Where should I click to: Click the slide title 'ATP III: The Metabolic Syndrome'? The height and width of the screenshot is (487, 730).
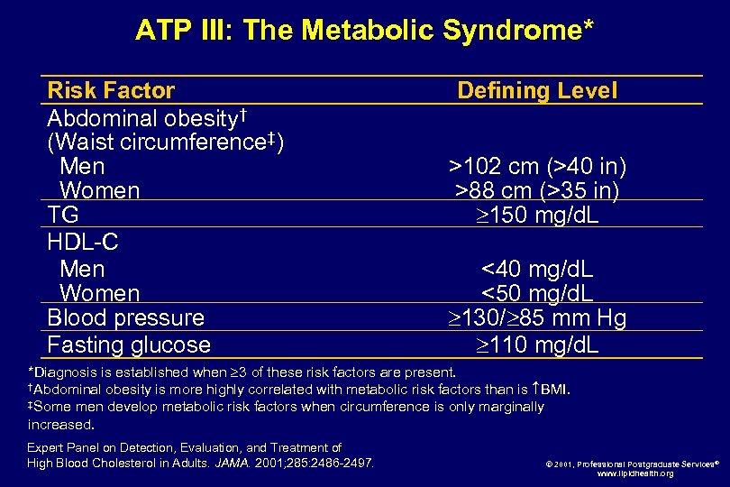(x=364, y=30)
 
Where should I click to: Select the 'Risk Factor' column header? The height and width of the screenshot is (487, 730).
(x=111, y=90)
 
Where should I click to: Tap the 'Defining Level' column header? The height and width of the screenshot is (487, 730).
(x=537, y=90)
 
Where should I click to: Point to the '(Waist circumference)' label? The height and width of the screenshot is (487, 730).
(x=166, y=142)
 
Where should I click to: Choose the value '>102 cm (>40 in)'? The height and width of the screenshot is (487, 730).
(x=537, y=167)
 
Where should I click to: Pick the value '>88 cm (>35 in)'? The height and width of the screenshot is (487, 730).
(x=537, y=191)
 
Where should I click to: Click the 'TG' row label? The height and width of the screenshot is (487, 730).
(x=63, y=215)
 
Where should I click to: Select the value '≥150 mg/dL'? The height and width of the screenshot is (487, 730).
(x=537, y=216)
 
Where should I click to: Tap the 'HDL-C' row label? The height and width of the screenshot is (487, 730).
(x=83, y=242)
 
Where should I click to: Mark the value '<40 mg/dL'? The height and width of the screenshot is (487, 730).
(x=537, y=269)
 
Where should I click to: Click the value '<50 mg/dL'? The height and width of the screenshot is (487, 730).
(x=537, y=293)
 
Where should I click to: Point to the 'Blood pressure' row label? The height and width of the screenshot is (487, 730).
(x=125, y=317)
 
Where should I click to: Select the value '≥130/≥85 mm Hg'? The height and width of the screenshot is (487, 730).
(x=537, y=317)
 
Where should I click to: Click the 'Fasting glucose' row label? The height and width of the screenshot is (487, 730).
(x=129, y=345)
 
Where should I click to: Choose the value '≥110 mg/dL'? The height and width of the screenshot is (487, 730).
(x=537, y=345)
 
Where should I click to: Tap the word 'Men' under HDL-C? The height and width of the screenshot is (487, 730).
(x=82, y=269)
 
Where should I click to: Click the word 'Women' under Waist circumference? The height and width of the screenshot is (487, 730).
(x=99, y=191)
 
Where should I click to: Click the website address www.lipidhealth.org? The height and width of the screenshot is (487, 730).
(x=634, y=473)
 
